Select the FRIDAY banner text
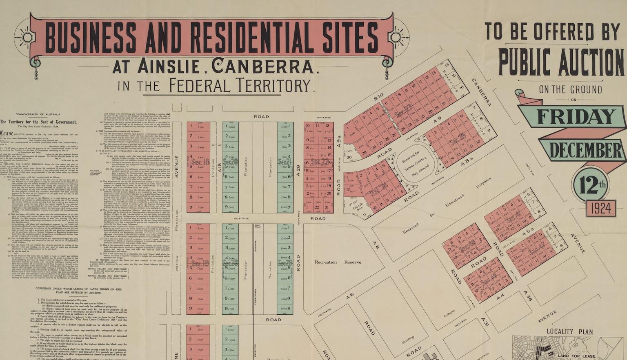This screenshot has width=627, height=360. [576, 117]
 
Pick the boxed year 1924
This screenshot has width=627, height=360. [601, 209]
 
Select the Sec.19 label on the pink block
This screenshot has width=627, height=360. [200, 263]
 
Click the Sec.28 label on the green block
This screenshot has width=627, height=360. [230, 264]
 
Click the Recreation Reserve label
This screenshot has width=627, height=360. [338, 262]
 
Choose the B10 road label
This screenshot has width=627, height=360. [378, 97]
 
